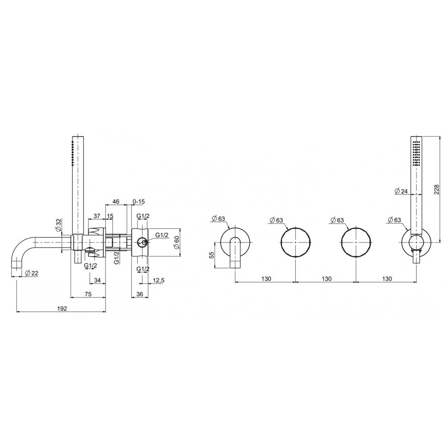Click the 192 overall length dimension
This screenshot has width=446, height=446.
coord(62,308)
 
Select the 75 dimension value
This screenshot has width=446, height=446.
coord(88,294)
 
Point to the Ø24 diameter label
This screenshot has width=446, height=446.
coord(401,191)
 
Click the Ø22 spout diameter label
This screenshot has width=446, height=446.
coord(32,273)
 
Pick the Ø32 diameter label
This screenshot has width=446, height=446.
coord(58,225)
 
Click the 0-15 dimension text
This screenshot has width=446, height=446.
coord(139,202)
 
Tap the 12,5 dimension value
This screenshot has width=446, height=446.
coord(158,281)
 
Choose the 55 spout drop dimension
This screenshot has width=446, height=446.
coord(211,255)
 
